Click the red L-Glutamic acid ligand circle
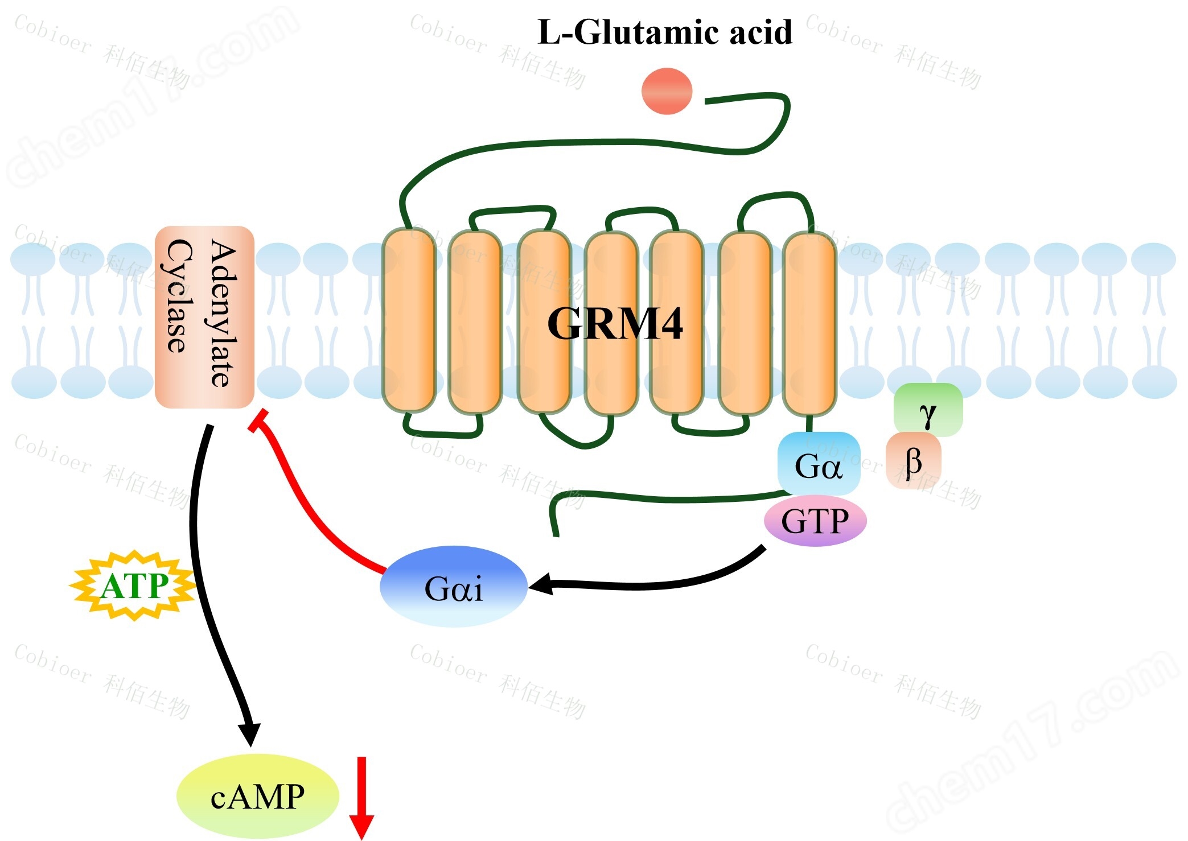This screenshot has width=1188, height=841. [x=667, y=91]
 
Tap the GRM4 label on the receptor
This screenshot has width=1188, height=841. [x=615, y=324]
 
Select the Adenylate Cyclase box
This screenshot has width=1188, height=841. [x=204, y=317]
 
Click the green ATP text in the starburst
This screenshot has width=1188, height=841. [x=134, y=586]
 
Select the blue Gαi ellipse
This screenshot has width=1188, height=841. [x=453, y=587]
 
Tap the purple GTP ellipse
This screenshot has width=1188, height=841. [x=815, y=520]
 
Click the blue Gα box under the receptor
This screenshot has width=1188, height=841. [x=818, y=464]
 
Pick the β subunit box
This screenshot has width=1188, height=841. [x=913, y=460]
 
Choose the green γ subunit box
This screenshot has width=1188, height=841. [x=928, y=410]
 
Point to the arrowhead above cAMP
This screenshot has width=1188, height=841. [x=249, y=734]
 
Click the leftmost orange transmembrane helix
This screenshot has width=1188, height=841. [x=409, y=320]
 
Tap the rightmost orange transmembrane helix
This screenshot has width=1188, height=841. [x=809, y=323]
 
